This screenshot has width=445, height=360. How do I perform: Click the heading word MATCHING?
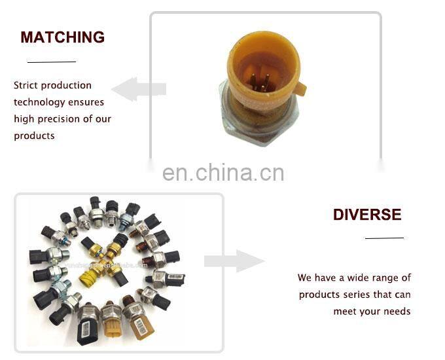click(62, 37)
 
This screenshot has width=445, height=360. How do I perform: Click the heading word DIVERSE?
click(367, 215)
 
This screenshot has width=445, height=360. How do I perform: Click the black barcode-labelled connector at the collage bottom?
click(88, 327)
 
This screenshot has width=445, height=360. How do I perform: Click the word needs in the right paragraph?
click(397, 311)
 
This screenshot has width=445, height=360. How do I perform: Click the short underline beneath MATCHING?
click(52, 62)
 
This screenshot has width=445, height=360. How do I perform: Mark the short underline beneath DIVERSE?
click(384, 238)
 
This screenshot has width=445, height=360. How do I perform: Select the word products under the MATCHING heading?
click(34, 136)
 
